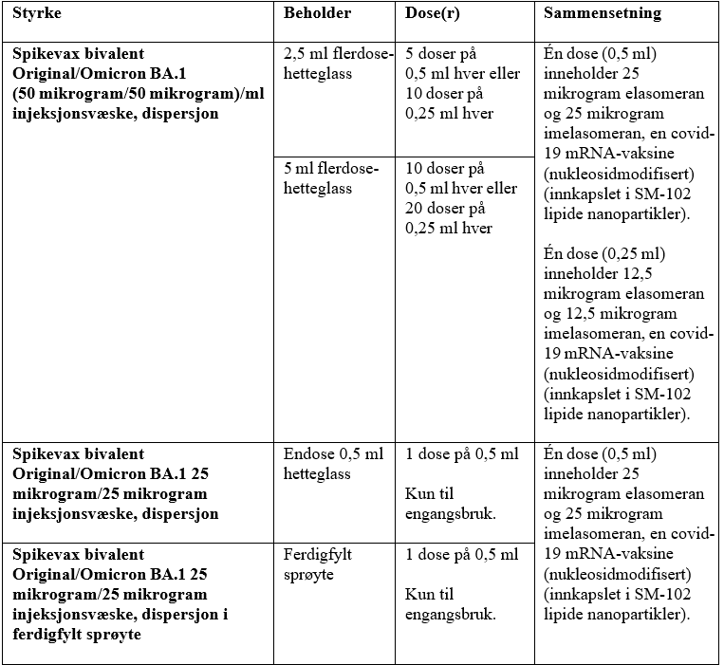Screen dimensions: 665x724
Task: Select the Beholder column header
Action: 317,14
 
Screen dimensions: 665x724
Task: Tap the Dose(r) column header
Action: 436,14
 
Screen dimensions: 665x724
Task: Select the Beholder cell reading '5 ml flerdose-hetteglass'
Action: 330,178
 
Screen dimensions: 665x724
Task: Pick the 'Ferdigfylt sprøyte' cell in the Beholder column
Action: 317,563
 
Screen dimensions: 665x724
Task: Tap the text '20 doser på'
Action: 445,209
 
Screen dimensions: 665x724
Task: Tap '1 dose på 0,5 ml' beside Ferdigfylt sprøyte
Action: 461,554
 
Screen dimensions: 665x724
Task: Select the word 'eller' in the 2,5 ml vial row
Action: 501,74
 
